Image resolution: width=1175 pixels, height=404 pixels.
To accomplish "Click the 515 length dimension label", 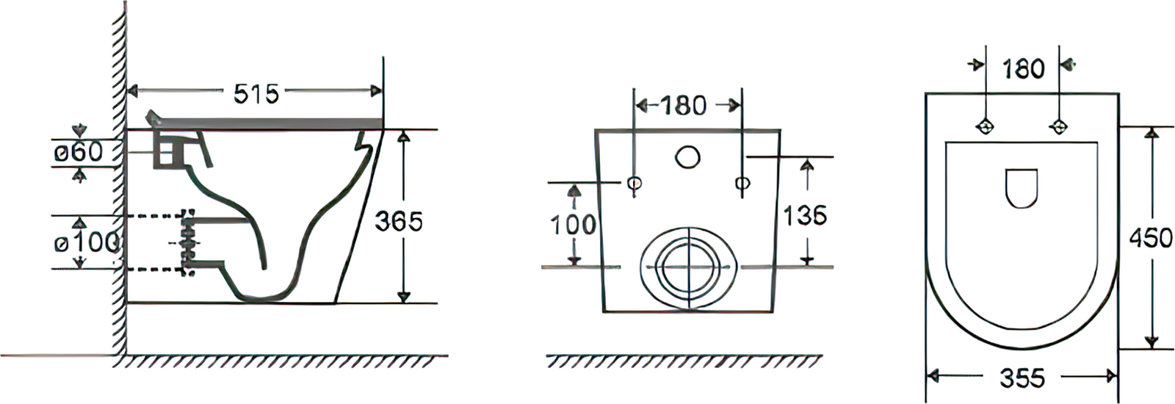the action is (256, 93).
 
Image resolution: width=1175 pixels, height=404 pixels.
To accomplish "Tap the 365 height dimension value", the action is (399, 221).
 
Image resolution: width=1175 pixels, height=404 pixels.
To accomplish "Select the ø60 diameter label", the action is (79, 153).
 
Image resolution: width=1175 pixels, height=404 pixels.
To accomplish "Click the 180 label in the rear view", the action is (683, 106).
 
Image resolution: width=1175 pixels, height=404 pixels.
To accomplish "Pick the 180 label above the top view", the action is (1024, 69).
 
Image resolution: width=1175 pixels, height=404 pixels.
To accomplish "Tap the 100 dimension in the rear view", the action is (573, 225).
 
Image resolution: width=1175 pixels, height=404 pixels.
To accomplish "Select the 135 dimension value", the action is (805, 215).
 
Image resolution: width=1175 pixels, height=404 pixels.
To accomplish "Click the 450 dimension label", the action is (1150, 238).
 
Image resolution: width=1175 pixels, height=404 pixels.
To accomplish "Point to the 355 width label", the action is (1022, 378).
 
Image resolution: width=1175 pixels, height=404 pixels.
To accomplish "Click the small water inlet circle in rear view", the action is (687, 157).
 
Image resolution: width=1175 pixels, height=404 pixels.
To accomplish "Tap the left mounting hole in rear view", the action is (635, 183).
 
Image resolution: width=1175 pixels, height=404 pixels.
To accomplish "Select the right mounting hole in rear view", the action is (742, 183).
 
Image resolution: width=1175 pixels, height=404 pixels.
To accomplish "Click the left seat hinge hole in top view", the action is (985, 126).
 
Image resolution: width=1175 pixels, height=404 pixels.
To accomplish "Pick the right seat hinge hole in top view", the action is (1058, 126).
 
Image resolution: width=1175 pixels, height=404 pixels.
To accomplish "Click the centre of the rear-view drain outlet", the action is (687, 267).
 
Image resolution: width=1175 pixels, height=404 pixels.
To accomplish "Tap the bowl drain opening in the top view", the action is (1022, 188).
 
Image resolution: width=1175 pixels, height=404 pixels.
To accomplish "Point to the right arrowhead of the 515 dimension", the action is (375, 91).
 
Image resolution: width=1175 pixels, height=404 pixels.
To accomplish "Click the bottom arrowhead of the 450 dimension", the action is (1151, 342).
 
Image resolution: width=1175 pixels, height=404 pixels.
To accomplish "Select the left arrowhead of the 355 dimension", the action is (933, 376).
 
